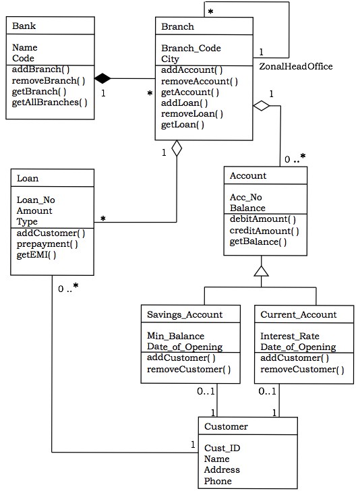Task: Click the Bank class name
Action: [24, 26]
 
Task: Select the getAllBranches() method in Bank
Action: [50, 103]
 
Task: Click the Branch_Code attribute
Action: [191, 49]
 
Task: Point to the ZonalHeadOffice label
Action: [295, 66]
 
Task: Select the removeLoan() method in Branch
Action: [192, 113]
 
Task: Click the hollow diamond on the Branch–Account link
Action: [261, 106]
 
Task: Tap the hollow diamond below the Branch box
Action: [177, 148]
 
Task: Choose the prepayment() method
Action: [47, 243]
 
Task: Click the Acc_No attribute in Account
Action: [246, 198]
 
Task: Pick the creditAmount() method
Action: [264, 231]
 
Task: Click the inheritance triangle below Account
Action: [261, 271]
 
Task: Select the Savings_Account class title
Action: [185, 314]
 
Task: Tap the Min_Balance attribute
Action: [176, 336]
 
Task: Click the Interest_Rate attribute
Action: [290, 336]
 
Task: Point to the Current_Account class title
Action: [298, 314]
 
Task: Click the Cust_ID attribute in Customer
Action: [222, 448]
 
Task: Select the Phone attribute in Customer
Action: [218, 481]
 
